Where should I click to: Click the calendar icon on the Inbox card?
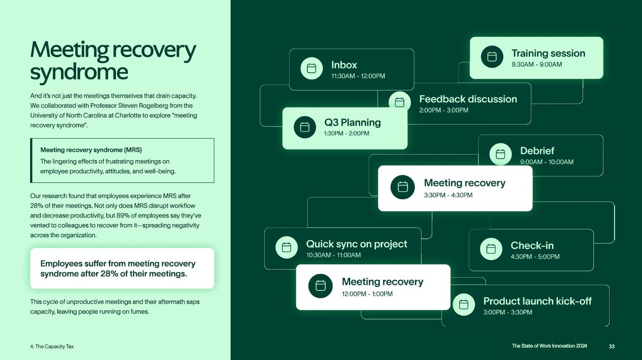311,68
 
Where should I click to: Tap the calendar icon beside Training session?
492,57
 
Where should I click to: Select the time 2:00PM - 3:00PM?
444,110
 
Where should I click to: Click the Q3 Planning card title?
352,122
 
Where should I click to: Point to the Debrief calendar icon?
500,154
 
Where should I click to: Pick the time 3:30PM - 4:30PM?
448,195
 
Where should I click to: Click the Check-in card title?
532,245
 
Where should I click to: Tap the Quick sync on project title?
356,244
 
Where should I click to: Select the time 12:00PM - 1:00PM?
367,294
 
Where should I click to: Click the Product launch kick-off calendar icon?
464,305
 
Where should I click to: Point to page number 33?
611,346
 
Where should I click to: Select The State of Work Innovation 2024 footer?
549,346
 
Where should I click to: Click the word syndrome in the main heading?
79,72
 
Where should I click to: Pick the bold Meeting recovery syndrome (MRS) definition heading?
91,150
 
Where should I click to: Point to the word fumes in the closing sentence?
140,311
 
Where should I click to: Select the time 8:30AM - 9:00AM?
537,65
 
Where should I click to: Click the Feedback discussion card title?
468,99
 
